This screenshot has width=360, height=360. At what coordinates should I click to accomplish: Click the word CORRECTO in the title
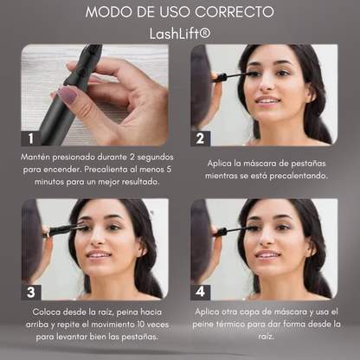point(234,12)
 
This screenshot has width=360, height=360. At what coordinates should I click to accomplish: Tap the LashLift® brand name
point(180,34)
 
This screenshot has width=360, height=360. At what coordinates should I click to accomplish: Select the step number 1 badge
point(31,138)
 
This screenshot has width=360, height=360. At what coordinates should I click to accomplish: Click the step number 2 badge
point(201,138)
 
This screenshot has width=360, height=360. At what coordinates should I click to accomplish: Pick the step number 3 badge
point(31,292)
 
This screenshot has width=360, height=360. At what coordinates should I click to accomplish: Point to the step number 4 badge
point(201,292)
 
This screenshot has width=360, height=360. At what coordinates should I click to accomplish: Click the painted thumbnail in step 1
point(67,95)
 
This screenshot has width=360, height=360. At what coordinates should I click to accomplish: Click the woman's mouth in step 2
point(267,100)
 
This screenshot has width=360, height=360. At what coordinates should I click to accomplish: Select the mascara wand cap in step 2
point(220,77)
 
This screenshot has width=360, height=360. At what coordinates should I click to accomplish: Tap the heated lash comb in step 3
point(64,229)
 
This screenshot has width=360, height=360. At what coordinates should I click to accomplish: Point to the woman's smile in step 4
point(267,254)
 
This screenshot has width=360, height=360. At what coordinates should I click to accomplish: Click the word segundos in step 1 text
point(155,157)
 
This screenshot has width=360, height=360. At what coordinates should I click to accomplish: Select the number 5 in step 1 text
point(169,169)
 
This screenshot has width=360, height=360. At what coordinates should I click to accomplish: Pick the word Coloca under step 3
point(47,312)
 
